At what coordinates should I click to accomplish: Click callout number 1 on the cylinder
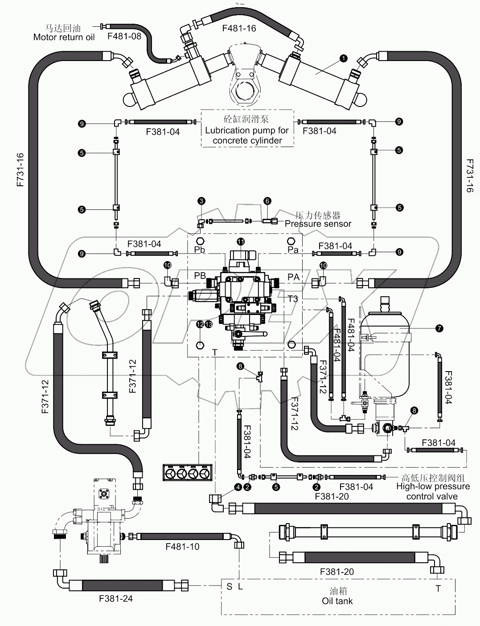tap(343, 58)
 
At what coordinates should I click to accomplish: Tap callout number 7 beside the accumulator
tap(439, 328)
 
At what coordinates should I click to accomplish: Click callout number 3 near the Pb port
tap(201, 201)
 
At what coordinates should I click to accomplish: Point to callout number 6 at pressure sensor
tap(267, 201)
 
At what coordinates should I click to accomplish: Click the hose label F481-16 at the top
tap(239, 29)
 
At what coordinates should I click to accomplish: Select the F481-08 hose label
tap(124, 36)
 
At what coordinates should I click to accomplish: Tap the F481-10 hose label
tap(182, 546)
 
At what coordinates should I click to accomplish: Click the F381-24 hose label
tap(116, 599)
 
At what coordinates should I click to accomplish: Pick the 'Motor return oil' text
tap(64, 37)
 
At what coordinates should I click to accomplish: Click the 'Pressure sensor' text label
tap(318, 224)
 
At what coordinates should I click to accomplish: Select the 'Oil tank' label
tap(337, 601)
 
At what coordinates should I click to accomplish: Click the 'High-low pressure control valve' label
tap(432, 491)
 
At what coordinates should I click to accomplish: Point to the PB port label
tap(200, 276)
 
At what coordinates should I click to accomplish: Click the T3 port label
tap(292, 299)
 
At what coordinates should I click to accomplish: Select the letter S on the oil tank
tap(229, 586)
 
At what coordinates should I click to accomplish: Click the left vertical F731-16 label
tap(21, 169)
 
